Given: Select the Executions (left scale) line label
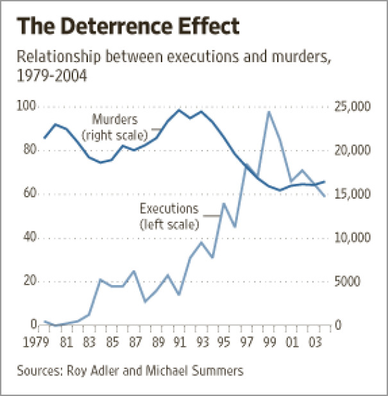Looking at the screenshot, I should (x=169, y=217).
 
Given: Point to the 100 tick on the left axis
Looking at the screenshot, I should (x=28, y=106).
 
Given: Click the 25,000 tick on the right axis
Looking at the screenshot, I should (x=353, y=106).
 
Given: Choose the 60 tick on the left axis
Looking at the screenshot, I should (x=30, y=194).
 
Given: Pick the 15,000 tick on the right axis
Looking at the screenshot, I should (x=353, y=194).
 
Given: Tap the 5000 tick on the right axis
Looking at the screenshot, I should (x=350, y=282).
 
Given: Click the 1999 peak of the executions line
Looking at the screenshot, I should (x=268, y=111).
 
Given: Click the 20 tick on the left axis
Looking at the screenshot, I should (x=30, y=282).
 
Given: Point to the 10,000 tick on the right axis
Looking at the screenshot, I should (x=353, y=238).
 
